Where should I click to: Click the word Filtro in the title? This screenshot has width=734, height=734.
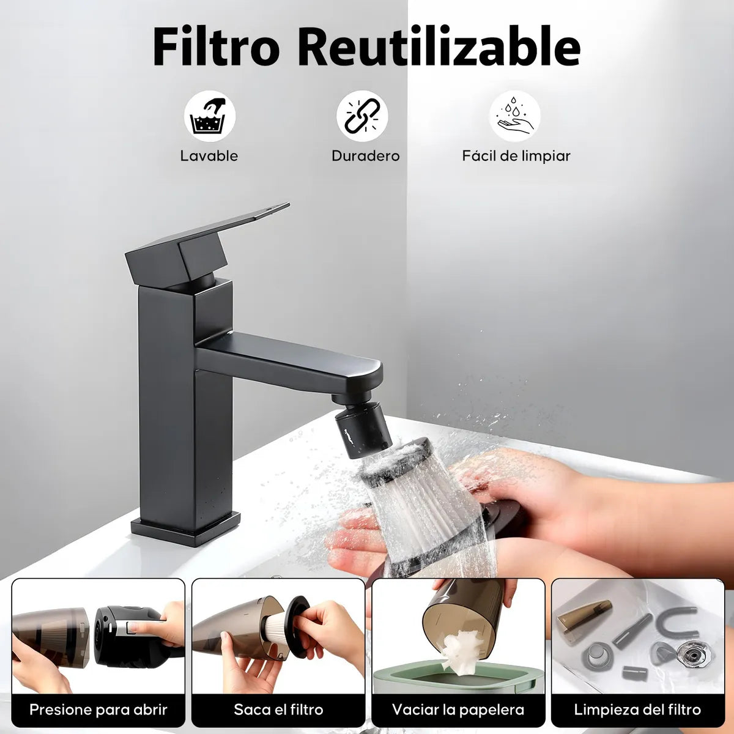pyautogui.click(x=216, y=46)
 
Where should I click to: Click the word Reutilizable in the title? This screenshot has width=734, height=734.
pyautogui.click(x=439, y=46)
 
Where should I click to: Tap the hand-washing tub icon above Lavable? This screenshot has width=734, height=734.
pyautogui.click(x=210, y=116)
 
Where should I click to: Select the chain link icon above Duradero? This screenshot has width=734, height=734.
pyautogui.click(x=362, y=116)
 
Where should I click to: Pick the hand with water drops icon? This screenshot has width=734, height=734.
pyautogui.click(x=514, y=116)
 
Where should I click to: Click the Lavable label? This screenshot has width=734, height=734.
pyautogui.click(x=209, y=156)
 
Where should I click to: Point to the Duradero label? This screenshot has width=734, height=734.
pyautogui.click(x=366, y=156)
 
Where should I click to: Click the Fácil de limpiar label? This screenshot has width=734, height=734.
pyautogui.click(x=516, y=156)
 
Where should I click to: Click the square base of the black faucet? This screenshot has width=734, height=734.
pyautogui.click(x=185, y=528)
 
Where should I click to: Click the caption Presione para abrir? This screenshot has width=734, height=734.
pyautogui.click(x=98, y=710)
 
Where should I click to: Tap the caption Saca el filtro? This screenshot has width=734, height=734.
pyautogui.click(x=278, y=710)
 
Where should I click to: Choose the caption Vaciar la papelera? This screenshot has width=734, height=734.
pyautogui.click(x=458, y=710)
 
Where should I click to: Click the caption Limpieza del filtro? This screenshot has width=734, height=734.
pyautogui.click(x=637, y=710)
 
